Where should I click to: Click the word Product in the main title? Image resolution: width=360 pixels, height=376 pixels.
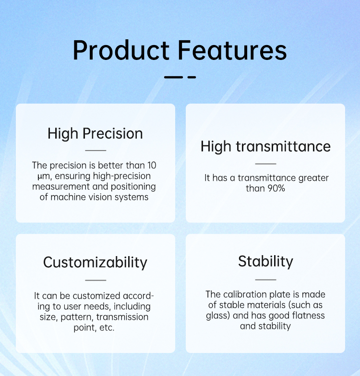click(x=121, y=50)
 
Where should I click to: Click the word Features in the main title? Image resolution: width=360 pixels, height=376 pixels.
click(x=232, y=50)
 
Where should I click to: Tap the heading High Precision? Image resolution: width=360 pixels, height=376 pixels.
click(x=95, y=133)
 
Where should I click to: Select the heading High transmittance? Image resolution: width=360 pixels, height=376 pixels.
click(x=265, y=147)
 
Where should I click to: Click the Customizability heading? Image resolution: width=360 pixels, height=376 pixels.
click(x=95, y=262)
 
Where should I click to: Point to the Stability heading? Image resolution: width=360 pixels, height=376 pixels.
click(x=265, y=261)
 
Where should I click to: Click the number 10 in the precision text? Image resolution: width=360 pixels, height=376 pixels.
click(x=152, y=165)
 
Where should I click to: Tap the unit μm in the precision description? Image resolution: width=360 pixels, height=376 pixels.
click(x=43, y=176)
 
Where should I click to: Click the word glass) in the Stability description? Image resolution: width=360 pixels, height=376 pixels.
click(x=218, y=316)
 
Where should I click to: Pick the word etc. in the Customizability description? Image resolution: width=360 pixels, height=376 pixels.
click(x=107, y=328)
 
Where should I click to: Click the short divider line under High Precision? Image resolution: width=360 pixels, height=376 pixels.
click(x=96, y=151)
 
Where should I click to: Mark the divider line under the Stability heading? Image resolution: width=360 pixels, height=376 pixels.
click(x=266, y=280)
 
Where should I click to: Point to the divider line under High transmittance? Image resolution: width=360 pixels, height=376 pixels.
click(x=266, y=164)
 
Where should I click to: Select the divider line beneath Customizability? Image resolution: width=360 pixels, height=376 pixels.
click(x=96, y=280)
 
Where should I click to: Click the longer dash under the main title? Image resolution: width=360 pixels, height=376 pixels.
click(x=174, y=77)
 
